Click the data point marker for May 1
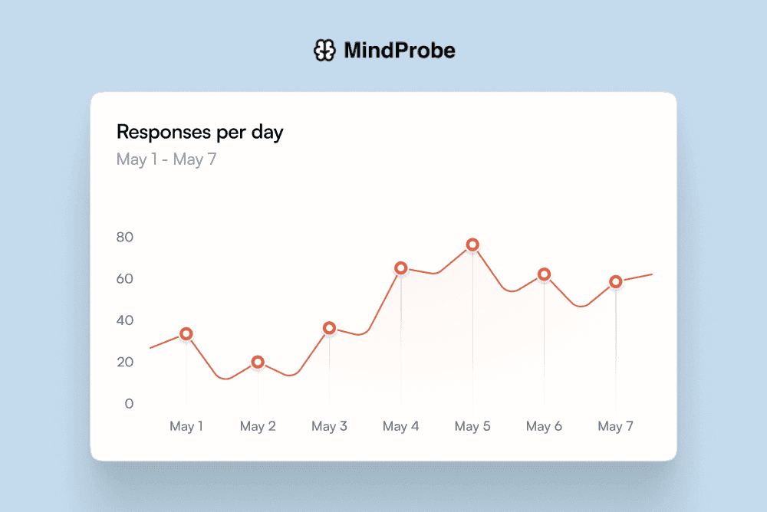186,334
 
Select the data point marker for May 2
258,362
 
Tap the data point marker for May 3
329,328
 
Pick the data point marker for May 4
400,268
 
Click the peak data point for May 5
472,245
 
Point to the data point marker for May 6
544,274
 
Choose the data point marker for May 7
615,282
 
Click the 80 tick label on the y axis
125,237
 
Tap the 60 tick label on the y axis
125,279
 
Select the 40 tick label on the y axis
125,320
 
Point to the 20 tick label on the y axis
125,363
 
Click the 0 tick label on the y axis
129,404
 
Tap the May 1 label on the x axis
186,426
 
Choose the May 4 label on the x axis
400,426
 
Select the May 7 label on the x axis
615,426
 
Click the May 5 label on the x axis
472,426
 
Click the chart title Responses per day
199,132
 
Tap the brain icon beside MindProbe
325,51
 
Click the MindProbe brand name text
400,51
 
